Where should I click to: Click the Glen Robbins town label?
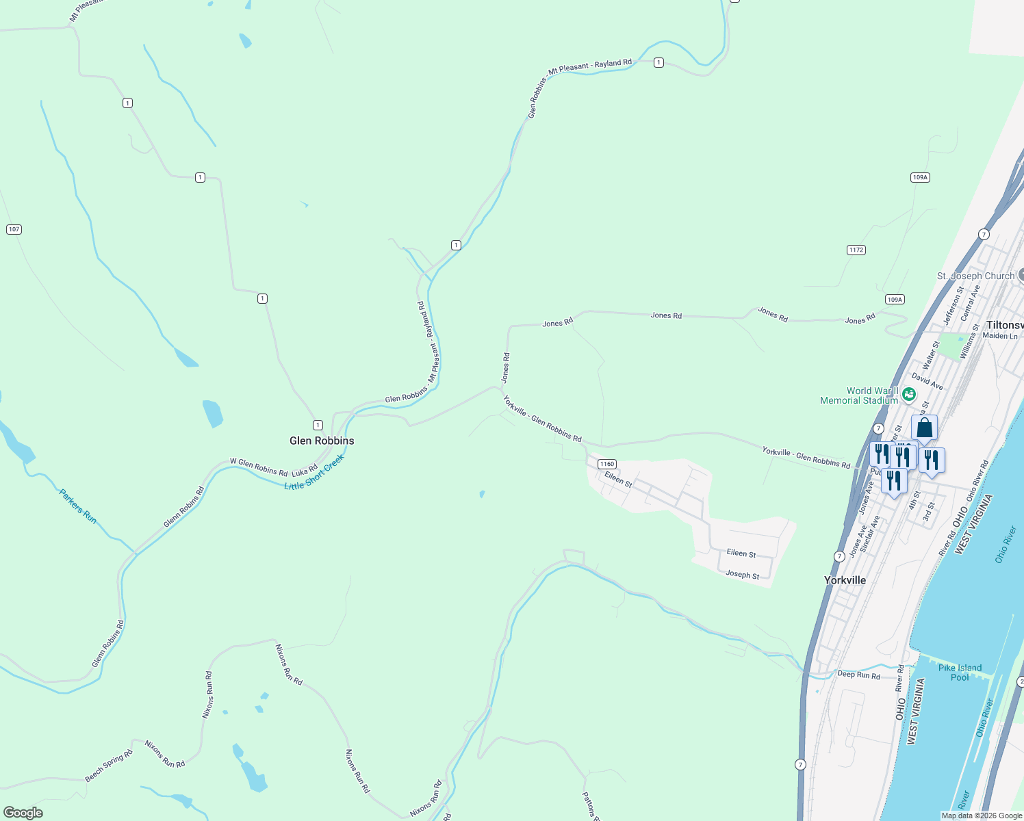322,441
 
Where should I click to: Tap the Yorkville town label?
845,580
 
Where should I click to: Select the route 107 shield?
14,229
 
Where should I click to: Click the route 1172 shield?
856,250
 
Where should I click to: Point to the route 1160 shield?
607,464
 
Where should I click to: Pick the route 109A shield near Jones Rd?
895,299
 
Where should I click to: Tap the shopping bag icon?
924,428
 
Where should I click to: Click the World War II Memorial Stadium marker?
909,394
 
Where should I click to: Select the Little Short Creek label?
314,473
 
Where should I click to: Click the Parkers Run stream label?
77,506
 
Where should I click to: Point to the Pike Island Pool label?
960,673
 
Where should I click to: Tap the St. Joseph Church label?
975,276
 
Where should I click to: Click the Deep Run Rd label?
859,675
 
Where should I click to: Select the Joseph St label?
742,575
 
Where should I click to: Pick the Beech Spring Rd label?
108,766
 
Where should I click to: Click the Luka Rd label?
305,471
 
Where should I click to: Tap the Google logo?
23,812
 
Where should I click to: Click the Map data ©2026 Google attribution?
982,816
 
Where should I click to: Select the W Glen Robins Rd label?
258,467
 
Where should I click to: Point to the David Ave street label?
927,382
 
